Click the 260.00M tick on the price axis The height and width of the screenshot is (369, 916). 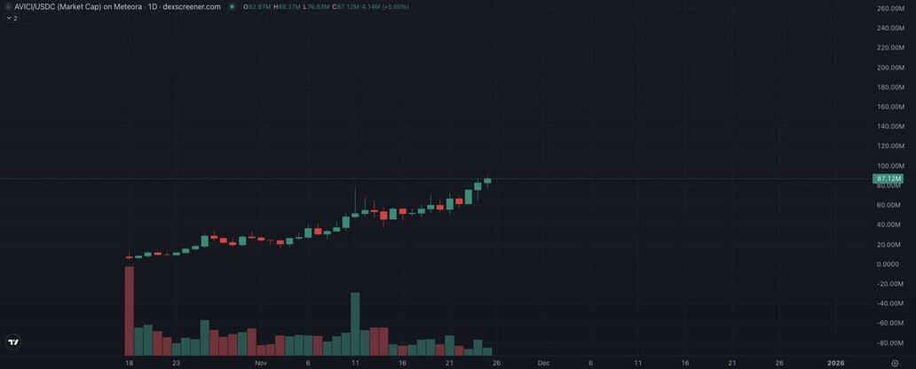tap(890, 9)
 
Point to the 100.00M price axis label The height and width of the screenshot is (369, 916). tap(890, 166)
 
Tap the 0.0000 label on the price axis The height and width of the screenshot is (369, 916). tap(888, 264)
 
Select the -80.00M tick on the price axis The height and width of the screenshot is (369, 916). tap(890, 343)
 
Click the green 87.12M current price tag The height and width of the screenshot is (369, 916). tap(888, 179)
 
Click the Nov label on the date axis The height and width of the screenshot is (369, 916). tap(260, 363)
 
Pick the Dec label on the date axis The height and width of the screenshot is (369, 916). tap(544, 363)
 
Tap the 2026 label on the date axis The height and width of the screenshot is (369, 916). tap(835, 363)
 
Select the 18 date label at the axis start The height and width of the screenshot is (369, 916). tap(130, 363)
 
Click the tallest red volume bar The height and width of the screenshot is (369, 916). tap(130, 310)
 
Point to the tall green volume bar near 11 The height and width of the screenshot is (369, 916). tap(355, 324)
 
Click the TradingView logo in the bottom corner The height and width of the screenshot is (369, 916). tap(13, 342)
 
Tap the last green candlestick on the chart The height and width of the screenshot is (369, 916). tap(487, 181)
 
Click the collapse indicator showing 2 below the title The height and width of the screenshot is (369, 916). tap(12, 18)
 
